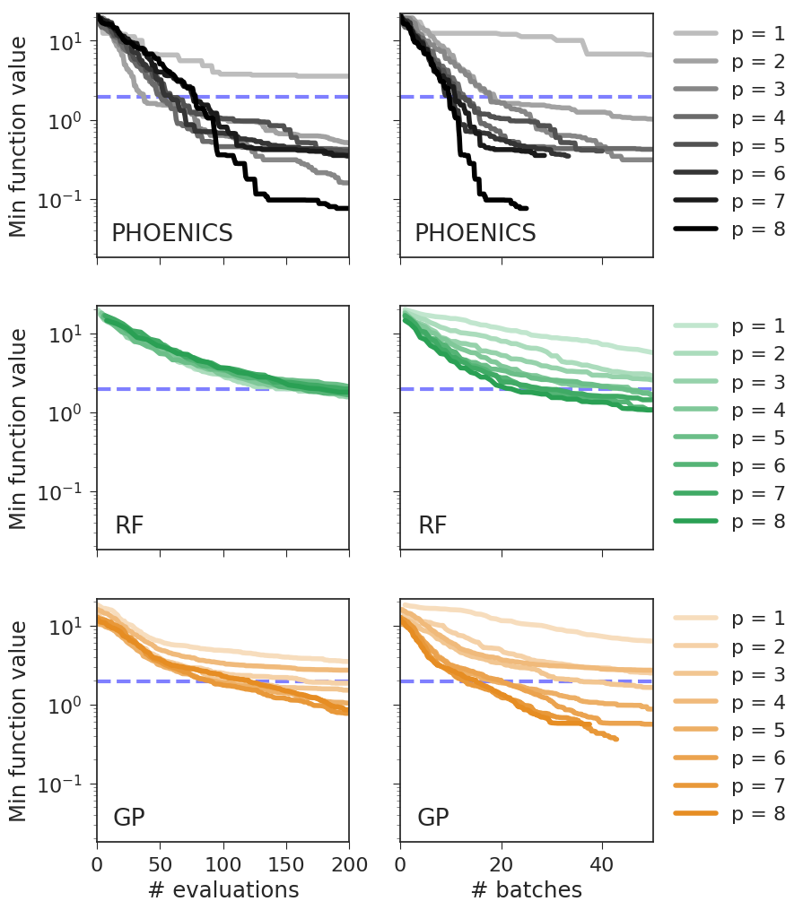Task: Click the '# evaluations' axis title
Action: tap(223, 889)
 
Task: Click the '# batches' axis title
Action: tap(526, 889)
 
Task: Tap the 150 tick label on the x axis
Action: tap(286, 863)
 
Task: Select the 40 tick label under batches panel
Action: tap(602, 863)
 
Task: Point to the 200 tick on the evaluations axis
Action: tap(349, 863)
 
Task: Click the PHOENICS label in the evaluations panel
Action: tap(171, 234)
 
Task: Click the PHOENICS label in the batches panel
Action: tap(475, 234)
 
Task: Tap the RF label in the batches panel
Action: tap(432, 526)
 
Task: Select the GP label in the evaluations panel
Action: tap(129, 818)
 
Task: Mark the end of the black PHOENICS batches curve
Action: tap(526, 208)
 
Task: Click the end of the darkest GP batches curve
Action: tap(616, 739)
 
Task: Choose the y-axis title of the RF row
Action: tap(18, 428)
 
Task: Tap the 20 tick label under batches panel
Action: tap(502, 863)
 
